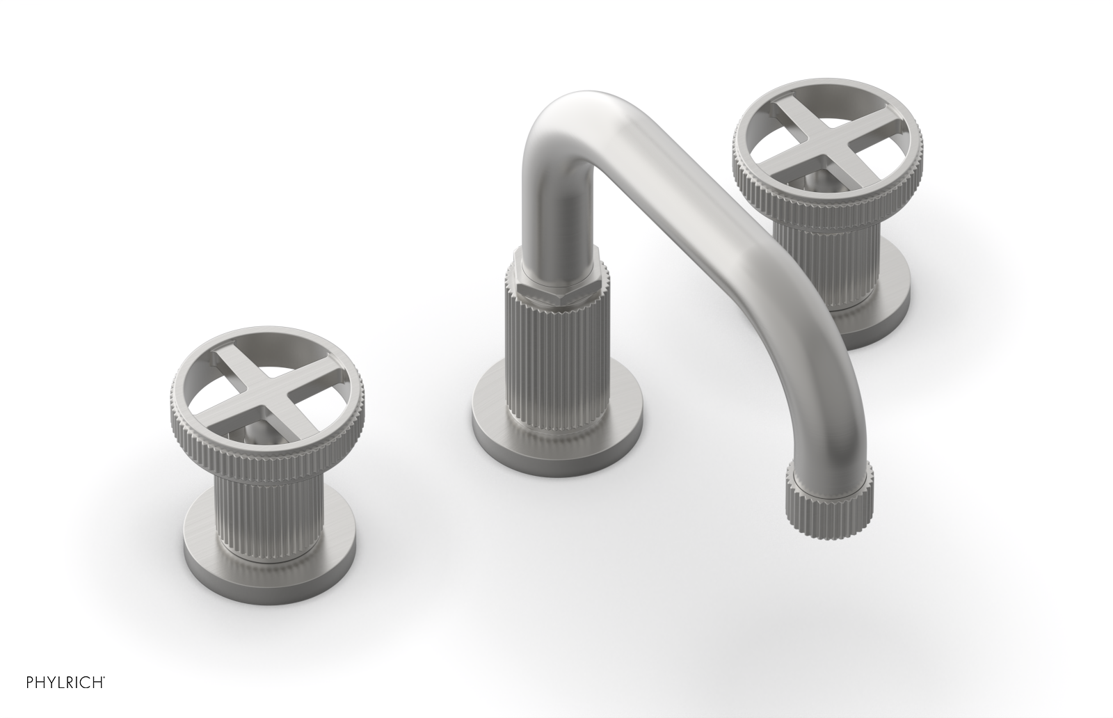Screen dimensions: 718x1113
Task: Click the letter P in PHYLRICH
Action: coord(13,701)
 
